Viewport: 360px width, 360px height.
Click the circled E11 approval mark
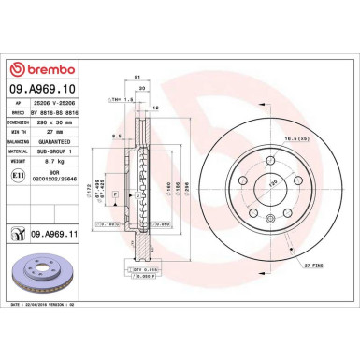coord(18,176)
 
